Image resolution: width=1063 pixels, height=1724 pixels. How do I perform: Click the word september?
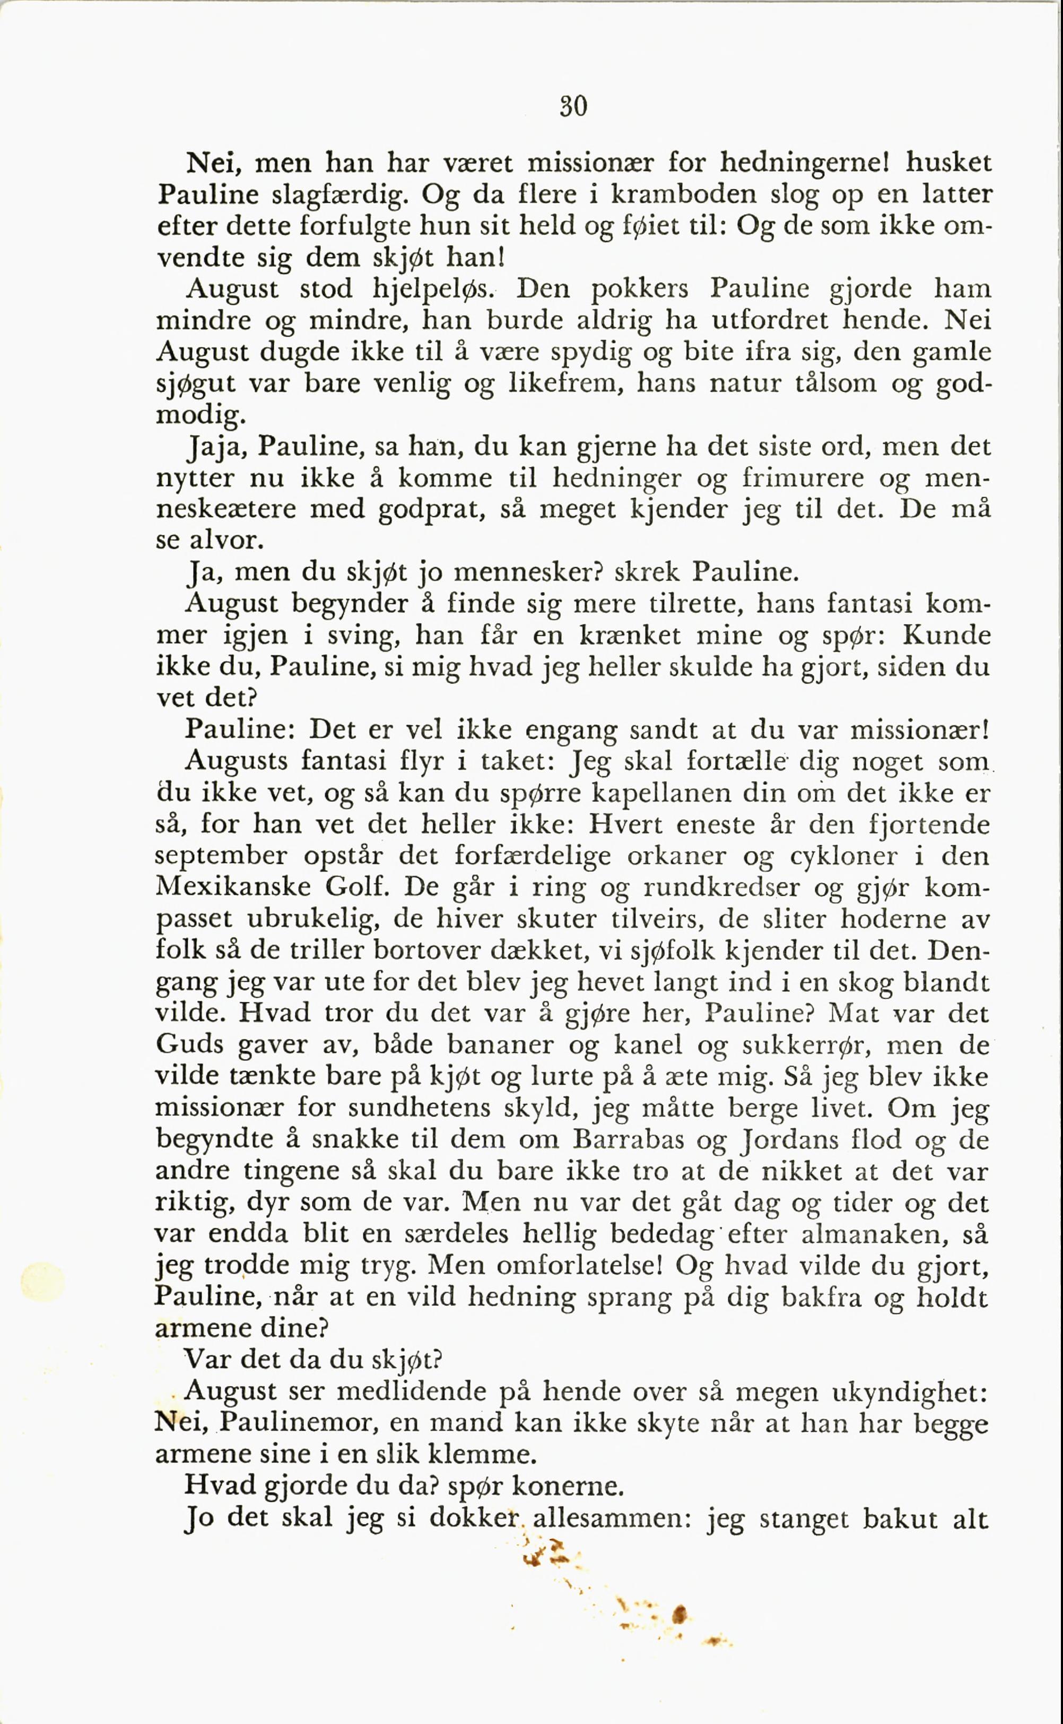coord(221,856)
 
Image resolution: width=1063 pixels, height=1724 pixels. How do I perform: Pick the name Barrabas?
coord(628,1139)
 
